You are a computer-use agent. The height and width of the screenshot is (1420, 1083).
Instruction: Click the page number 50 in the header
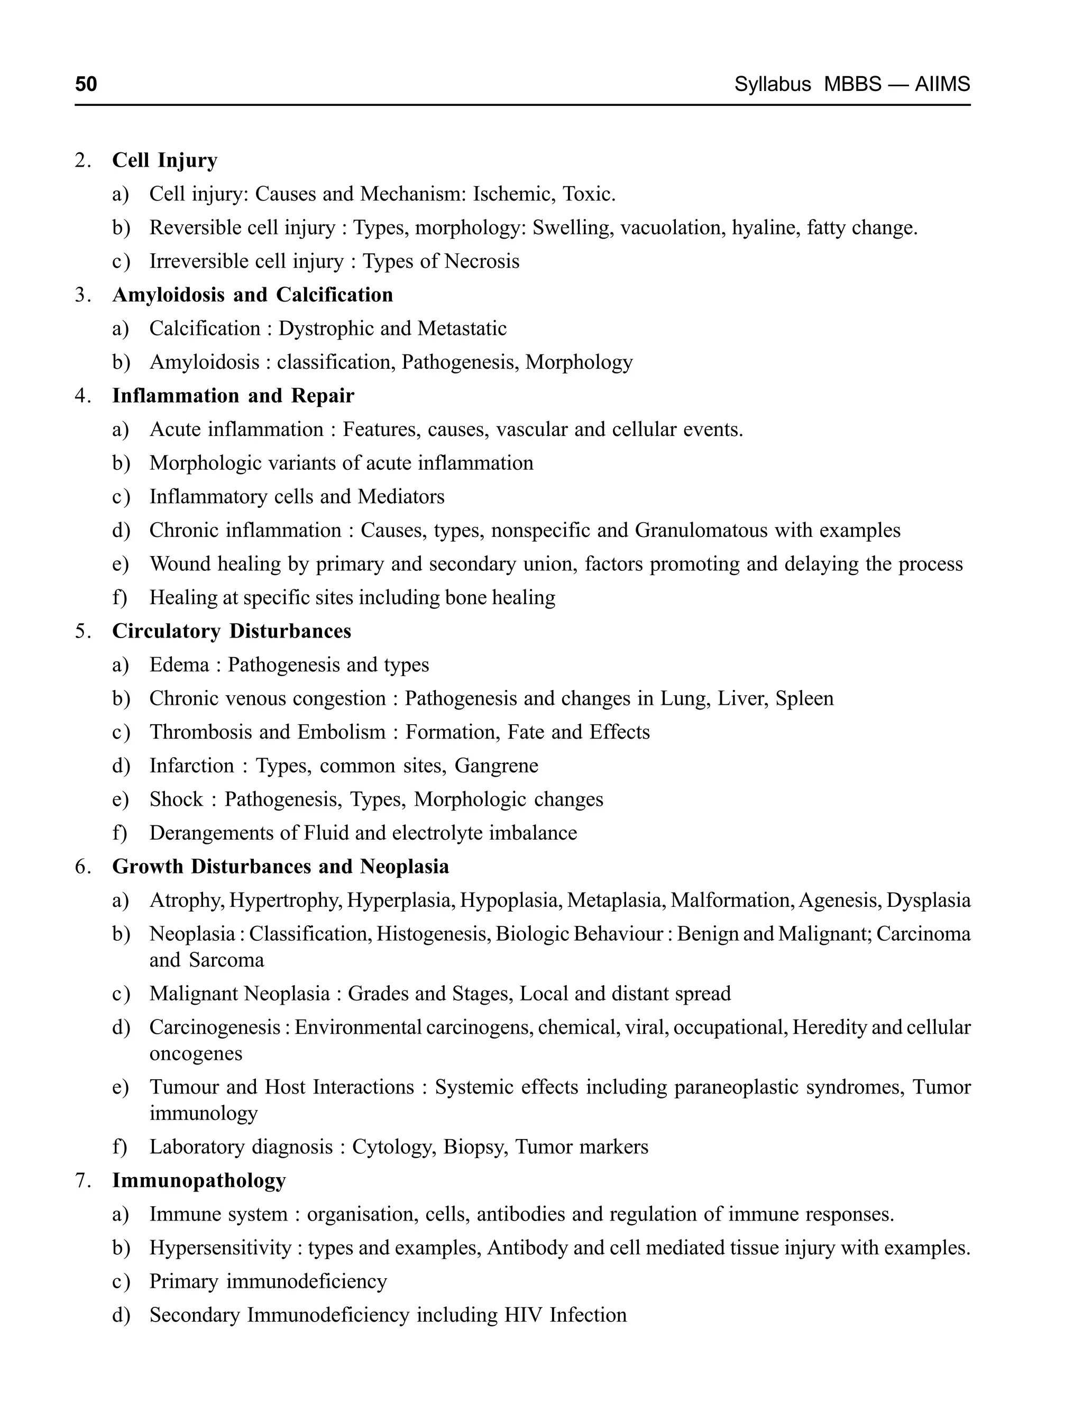pyautogui.click(x=86, y=85)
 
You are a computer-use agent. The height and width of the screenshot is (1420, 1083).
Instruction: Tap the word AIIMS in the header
pyautogui.click(x=942, y=85)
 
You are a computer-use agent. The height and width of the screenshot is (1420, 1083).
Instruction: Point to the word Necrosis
pyautogui.click(x=482, y=261)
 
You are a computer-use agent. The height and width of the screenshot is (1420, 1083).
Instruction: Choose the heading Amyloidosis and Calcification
pyautogui.click(x=252, y=295)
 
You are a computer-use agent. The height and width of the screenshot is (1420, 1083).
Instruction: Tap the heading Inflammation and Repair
pyautogui.click(x=233, y=395)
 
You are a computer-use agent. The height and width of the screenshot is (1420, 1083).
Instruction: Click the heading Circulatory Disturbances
pyautogui.click(x=232, y=631)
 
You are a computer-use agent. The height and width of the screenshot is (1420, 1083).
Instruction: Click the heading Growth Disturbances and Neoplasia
pyautogui.click(x=280, y=866)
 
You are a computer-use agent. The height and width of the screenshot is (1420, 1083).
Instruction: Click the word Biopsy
pyautogui.click(x=473, y=1146)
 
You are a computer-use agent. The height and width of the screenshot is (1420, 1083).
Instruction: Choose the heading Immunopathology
pyautogui.click(x=198, y=1180)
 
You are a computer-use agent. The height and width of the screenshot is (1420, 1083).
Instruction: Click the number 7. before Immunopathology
pyautogui.click(x=82, y=1180)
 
